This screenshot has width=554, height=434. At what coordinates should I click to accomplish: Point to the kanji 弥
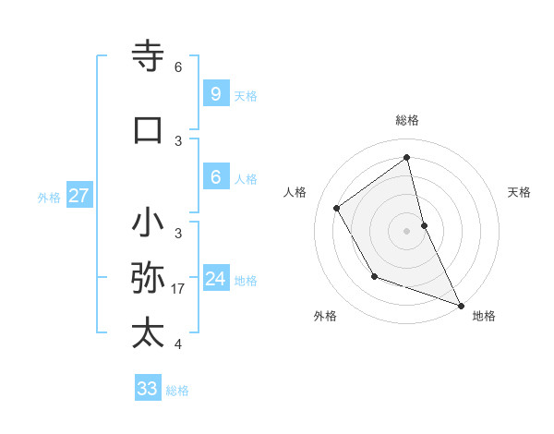(x=149, y=278)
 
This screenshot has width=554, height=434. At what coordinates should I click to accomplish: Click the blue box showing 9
(x=215, y=94)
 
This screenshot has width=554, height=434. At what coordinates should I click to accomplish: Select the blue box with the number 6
(x=215, y=177)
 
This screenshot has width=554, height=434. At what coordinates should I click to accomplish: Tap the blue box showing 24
(x=215, y=279)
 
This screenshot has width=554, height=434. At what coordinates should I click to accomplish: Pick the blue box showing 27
(x=78, y=196)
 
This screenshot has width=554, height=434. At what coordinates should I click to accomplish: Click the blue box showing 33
(x=147, y=389)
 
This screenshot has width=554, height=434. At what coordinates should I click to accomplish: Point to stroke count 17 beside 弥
(x=178, y=289)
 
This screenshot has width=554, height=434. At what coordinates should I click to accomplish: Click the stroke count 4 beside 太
(x=178, y=344)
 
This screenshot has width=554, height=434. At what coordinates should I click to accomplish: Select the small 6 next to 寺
(x=178, y=67)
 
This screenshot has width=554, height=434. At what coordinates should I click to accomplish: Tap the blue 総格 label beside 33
(x=177, y=391)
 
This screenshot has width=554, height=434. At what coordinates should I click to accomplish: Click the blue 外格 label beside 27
(x=49, y=197)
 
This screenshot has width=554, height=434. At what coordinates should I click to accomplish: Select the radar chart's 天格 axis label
(x=519, y=192)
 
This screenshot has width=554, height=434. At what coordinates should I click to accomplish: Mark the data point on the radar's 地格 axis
(x=462, y=306)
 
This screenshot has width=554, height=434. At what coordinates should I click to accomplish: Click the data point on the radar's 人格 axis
(x=336, y=208)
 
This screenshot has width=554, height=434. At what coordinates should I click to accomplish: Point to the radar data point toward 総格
(x=407, y=158)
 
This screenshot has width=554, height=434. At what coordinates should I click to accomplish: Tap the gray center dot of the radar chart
(x=407, y=230)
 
